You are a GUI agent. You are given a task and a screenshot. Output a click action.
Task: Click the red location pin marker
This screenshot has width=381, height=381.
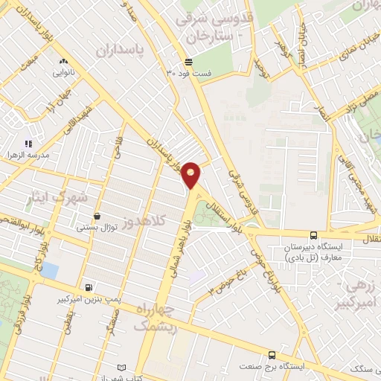tap(191, 174)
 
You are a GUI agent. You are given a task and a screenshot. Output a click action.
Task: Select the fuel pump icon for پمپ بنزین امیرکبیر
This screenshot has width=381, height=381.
tap(89, 287)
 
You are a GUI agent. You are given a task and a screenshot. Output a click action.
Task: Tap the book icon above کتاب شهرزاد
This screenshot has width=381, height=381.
tap(123, 368)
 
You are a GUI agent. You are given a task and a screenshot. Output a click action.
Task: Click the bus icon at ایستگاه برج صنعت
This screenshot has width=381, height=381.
tap(272, 356)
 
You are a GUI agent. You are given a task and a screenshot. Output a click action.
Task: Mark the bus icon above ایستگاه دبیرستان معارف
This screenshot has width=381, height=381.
tap(313, 236)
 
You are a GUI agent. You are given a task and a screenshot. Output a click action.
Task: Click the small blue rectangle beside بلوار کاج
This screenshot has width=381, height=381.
tap(49, 269)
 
